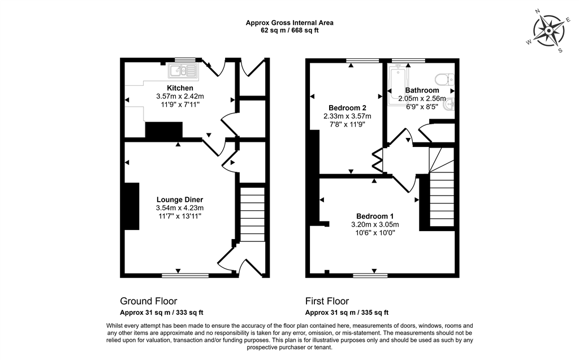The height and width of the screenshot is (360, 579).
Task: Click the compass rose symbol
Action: [x=547, y=31]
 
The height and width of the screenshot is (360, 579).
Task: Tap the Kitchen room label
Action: [x=180, y=88]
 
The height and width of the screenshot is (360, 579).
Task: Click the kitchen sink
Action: [x=182, y=71]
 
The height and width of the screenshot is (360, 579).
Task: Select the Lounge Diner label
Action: [x=180, y=199]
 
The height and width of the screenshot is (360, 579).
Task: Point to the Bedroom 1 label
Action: [x=375, y=216]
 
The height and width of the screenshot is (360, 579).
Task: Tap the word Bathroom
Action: [x=422, y=90]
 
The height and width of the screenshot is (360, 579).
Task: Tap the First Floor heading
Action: [x=327, y=301]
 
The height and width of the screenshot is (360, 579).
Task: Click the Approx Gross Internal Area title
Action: [x=289, y=23]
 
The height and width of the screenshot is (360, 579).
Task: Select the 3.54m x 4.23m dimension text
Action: [x=180, y=208]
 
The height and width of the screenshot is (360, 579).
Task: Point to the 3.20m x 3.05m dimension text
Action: [x=375, y=224]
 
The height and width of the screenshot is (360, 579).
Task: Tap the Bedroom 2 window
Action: [x=362, y=60]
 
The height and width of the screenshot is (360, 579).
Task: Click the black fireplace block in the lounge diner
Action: [x=132, y=206]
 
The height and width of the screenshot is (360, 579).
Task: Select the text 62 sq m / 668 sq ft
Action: [x=289, y=31]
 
